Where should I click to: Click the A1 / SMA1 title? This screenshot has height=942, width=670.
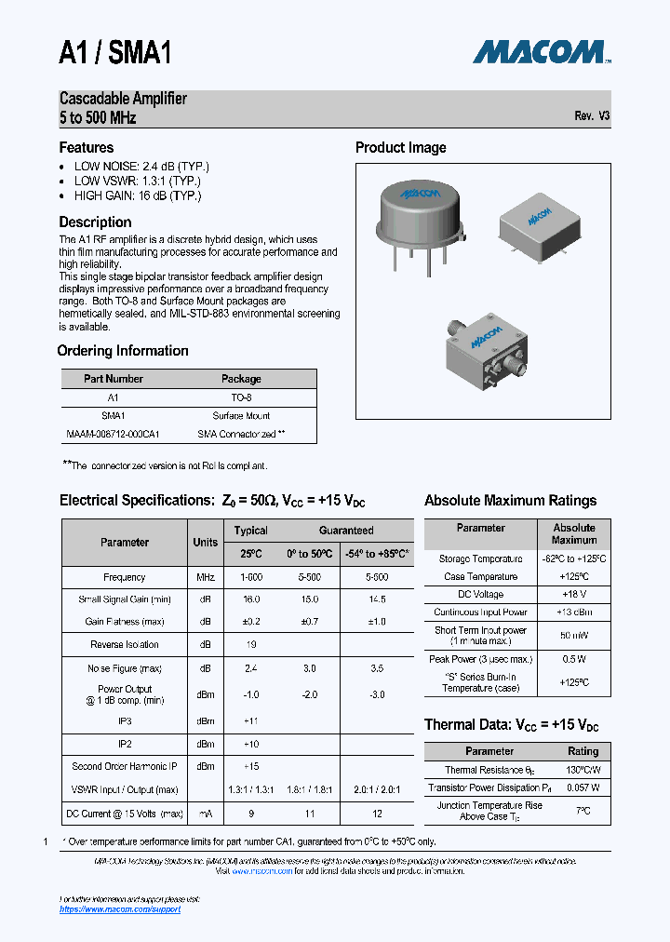point(115,52)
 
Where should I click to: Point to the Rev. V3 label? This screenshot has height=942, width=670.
point(592,116)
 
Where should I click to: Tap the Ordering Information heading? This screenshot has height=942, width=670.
point(123,351)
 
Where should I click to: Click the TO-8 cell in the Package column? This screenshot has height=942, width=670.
point(241,397)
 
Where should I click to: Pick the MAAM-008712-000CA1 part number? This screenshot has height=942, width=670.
point(114,434)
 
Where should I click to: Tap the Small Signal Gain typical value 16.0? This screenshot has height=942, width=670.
point(251,599)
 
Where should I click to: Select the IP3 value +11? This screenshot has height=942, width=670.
point(251,721)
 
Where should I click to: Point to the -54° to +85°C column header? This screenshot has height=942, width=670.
point(376,554)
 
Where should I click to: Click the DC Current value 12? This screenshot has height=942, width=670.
point(376,813)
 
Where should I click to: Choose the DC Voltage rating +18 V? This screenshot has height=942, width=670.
point(573,594)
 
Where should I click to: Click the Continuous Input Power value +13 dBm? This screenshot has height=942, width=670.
point(573,612)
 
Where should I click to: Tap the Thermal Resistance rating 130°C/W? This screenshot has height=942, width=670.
point(583,770)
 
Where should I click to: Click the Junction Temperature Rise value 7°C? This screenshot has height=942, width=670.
point(583,811)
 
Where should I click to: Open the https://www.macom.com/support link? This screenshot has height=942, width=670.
point(119,908)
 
